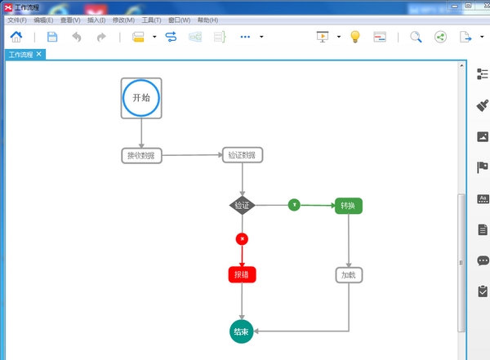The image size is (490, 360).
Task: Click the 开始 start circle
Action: coord(141,98)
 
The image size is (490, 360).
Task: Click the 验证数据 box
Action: coord(243,155)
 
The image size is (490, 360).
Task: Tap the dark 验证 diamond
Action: coord(242,205)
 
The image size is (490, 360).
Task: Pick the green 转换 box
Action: coord(349,206)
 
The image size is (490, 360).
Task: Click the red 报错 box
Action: coord(242,274)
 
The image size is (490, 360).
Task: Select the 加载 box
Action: coord(349,275)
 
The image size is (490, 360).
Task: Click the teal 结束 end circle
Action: coord(241,331)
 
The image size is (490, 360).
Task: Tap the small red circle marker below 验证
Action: coord(242,238)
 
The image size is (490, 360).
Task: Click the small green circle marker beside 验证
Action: coord(294,204)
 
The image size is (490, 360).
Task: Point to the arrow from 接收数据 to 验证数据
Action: coord(193,155)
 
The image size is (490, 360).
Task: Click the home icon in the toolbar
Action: coord(16,37)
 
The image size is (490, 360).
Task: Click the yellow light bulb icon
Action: coord(355,37)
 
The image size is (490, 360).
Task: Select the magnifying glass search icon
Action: coord(416,37)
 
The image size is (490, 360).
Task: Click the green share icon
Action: coord(441,37)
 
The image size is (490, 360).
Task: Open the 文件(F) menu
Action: coord(17,20)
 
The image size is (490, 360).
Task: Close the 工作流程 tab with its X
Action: coord(39,54)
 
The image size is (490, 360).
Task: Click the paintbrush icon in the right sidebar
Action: coord(482,106)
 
